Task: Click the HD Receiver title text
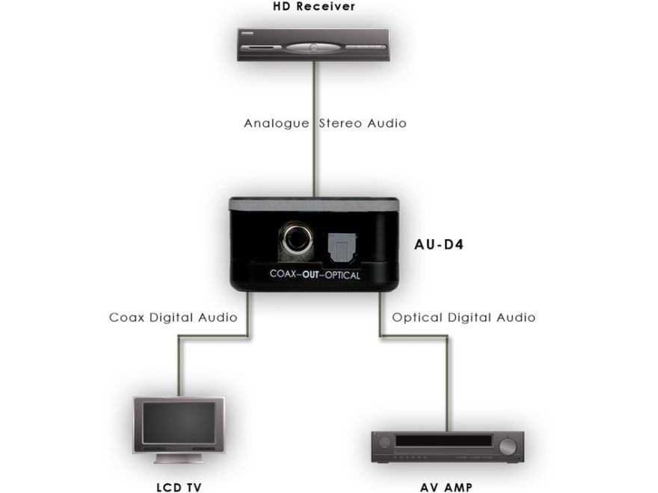pyautogui.click(x=313, y=7)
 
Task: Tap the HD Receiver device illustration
pyautogui.click(x=313, y=46)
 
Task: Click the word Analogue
pyautogui.click(x=276, y=123)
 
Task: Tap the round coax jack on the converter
pyautogui.click(x=293, y=241)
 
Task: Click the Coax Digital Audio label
pyautogui.click(x=173, y=317)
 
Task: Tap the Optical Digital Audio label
pyautogui.click(x=464, y=317)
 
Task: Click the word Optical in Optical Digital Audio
pyautogui.click(x=416, y=317)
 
